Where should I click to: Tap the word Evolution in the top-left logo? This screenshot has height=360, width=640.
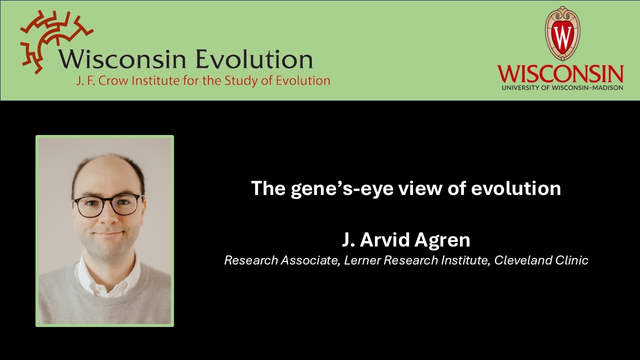(254, 59)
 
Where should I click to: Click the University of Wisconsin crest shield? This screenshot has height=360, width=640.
(562, 34)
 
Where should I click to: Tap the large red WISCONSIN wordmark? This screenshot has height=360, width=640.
(560, 74)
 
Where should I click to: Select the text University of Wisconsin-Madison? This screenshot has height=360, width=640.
(560, 87)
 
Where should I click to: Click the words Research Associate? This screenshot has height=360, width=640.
(280, 260)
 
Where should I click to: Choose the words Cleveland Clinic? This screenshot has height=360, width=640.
(541, 260)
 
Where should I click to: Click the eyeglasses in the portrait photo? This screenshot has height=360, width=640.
(107, 205)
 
